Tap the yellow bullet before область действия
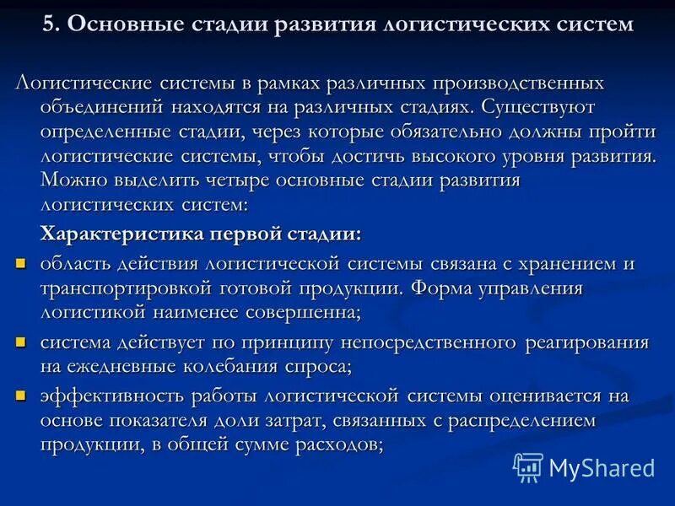click(22, 264)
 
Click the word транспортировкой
click(124, 288)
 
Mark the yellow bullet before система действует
click(22, 343)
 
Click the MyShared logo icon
click(528, 466)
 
